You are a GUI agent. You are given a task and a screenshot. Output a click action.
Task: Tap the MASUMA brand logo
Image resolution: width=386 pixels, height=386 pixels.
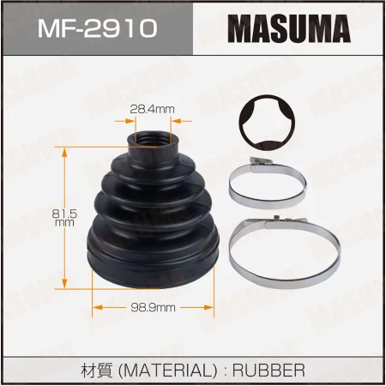click(x=289, y=28)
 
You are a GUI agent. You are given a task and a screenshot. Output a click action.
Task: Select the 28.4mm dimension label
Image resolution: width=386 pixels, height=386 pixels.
click(x=152, y=109)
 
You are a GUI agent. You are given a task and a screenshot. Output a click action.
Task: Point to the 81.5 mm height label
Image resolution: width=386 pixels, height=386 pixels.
click(x=64, y=218)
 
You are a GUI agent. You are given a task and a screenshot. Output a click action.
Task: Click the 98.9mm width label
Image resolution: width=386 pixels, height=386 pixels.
click(x=153, y=308)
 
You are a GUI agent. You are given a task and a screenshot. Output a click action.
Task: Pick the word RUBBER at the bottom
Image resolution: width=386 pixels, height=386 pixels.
click(x=268, y=371)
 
